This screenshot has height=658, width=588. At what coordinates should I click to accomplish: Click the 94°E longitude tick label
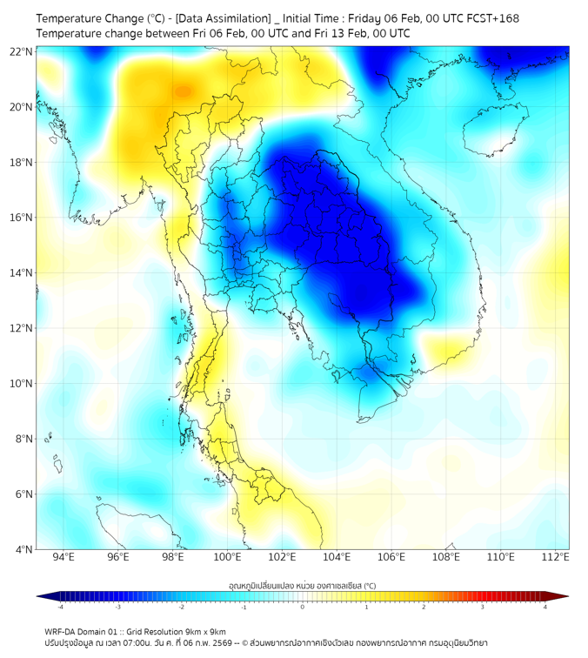63,558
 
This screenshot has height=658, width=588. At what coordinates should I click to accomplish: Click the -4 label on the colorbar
60,608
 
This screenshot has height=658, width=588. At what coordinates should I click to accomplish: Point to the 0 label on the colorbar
303,608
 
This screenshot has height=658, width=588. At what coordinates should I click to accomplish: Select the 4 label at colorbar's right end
545,608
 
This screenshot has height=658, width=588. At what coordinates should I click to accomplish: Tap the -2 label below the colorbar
181,608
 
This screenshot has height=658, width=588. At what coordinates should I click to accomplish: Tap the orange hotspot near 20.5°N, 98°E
182,91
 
